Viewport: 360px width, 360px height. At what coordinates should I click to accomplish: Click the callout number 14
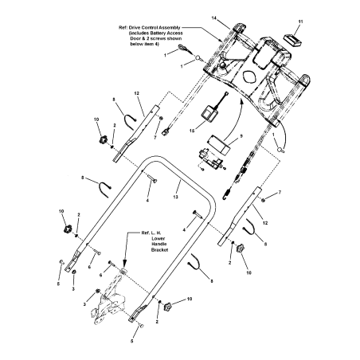coord(214,18)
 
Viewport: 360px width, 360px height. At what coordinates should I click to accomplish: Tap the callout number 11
coord(300,22)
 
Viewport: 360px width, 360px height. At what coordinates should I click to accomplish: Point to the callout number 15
coord(192,131)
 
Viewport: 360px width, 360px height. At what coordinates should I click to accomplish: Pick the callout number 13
coord(175,197)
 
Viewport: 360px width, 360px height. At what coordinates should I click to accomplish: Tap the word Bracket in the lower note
coord(159,250)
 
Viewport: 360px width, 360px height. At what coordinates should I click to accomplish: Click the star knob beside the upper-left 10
coord(103,139)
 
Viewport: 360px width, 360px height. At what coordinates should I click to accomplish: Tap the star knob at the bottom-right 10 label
coord(167,307)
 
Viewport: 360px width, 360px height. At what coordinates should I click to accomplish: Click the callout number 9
coord(241,135)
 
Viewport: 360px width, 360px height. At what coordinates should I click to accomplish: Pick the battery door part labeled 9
coord(219,143)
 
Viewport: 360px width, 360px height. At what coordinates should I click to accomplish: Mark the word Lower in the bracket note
coord(158,239)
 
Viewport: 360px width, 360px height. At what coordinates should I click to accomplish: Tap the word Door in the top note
coord(135,39)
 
